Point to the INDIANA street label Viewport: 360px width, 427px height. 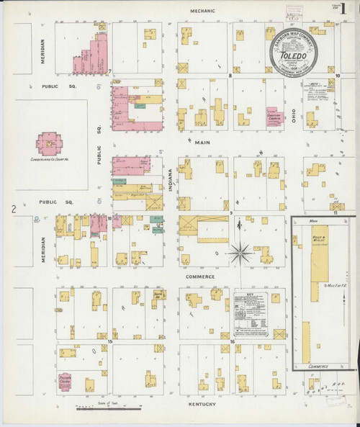[171, 179]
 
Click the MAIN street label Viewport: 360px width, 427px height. [203, 143]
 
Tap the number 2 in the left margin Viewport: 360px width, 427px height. [13, 210]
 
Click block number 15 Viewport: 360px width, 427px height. [110, 341]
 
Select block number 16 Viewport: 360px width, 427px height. [231, 341]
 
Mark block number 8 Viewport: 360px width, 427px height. [230, 74]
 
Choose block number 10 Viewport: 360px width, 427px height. [337, 75]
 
